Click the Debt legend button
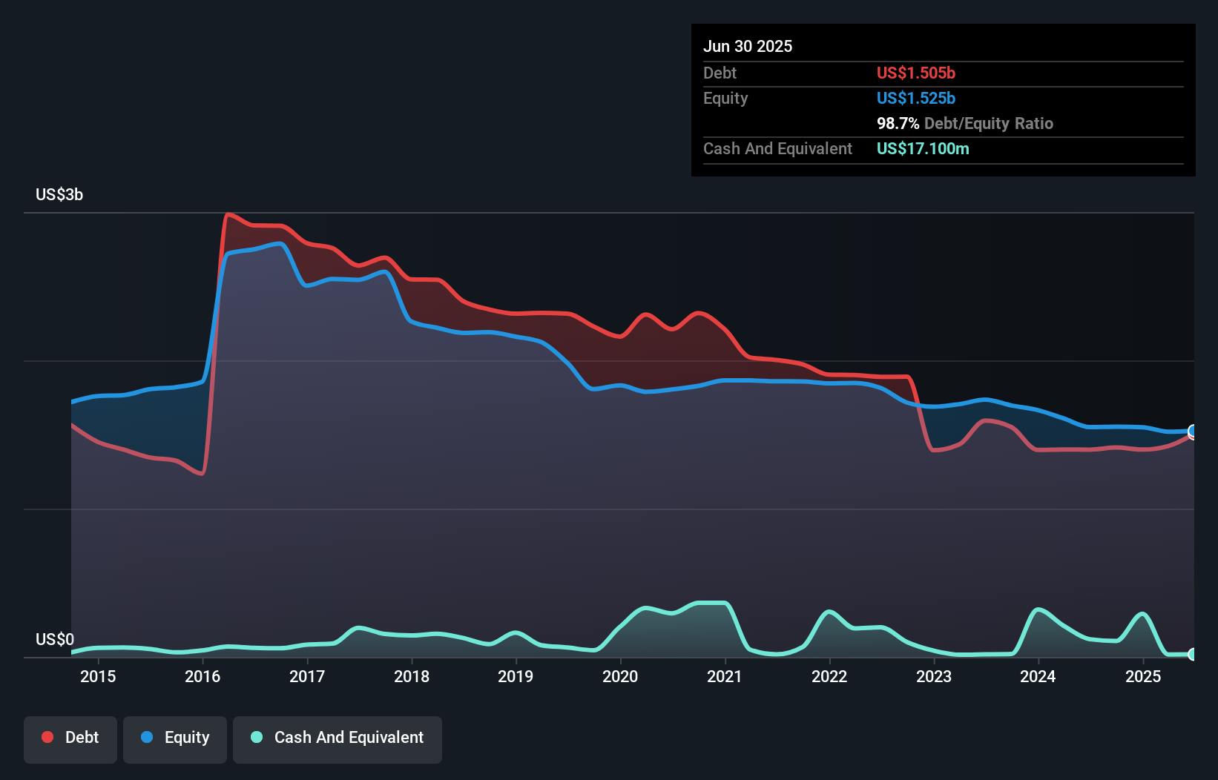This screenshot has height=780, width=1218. tap(70, 738)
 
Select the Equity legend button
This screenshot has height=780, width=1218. tap(175, 738)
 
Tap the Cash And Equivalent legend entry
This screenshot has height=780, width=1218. tap(338, 738)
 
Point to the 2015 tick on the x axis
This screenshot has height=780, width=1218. tap(98, 676)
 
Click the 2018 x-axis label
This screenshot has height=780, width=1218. tap(412, 676)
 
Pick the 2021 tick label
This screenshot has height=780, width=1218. tap(724, 676)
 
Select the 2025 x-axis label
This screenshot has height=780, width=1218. tap(1143, 676)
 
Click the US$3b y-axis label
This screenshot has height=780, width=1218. tap(59, 195)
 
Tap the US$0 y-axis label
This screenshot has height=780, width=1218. tap(55, 639)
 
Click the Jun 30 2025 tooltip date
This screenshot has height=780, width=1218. tap(748, 47)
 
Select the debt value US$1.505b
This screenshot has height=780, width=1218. tap(915, 73)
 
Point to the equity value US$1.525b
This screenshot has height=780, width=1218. tap(915, 99)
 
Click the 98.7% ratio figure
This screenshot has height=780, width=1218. tap(898, 124)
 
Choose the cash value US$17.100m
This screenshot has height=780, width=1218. tap(923, 149)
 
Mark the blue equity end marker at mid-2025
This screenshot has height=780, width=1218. tap(1193, 431)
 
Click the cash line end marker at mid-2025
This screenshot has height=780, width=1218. tap(1193, 654)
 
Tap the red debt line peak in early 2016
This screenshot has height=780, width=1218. tap(228, 215)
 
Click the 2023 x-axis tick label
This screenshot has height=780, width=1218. tap(934, 676)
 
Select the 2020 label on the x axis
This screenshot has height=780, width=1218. tap(620, 676)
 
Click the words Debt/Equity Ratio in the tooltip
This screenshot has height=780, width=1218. tap(988, 124)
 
